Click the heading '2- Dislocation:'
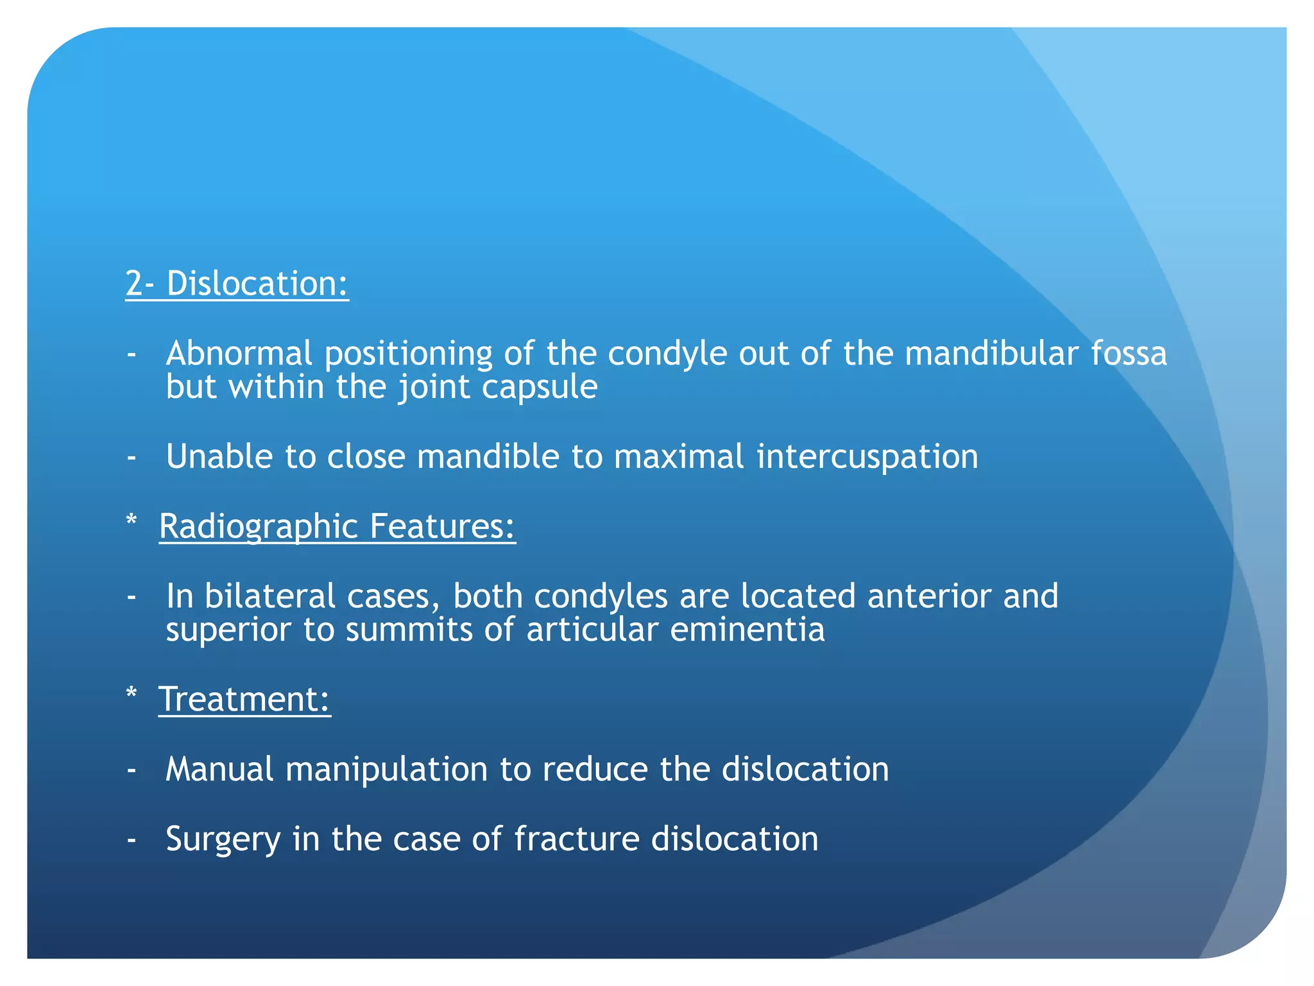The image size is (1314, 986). (x=237, y=283)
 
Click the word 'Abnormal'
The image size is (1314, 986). (x=239, y=354)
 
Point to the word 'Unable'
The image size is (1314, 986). (x=219, y=456)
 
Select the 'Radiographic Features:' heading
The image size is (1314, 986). (x=337, y=526)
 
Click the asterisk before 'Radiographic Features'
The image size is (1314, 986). (x=132, y=521)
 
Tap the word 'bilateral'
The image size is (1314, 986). (x=270, y=596)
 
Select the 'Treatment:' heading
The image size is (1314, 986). (x=244, y=699)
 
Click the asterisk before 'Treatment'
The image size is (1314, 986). (x=132, y=694)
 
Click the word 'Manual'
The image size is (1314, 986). (x=219, y=769)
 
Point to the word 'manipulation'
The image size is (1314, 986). (x=387, y=769)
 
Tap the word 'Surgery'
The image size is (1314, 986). (x=223, y=839)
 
